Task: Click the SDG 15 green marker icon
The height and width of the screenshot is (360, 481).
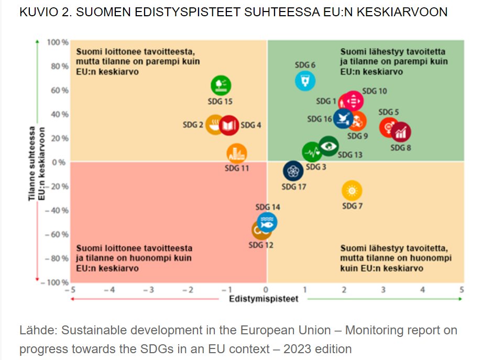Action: tap(221, 85)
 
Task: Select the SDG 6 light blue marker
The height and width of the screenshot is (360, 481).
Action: tap(304, 81)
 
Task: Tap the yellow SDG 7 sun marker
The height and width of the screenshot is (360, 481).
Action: tap(352, 190)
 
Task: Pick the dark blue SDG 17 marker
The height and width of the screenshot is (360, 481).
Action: tap(293, 171)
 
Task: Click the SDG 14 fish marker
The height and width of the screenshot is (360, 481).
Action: tap(267, 223)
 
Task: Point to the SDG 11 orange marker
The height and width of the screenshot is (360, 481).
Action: tap(237, 154)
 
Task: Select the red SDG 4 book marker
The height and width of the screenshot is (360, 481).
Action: tap(228, 125)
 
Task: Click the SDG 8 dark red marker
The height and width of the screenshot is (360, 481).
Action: tap(401, 133)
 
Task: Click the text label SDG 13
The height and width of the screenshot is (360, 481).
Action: tap(349, 155)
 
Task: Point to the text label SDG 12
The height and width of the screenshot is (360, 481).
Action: tap(261, 245)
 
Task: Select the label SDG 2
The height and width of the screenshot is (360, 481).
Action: tap(193, 125)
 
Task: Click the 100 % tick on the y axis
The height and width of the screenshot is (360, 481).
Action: tap(59, 41)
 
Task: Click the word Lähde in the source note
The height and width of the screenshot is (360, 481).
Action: tap(38, 331)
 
